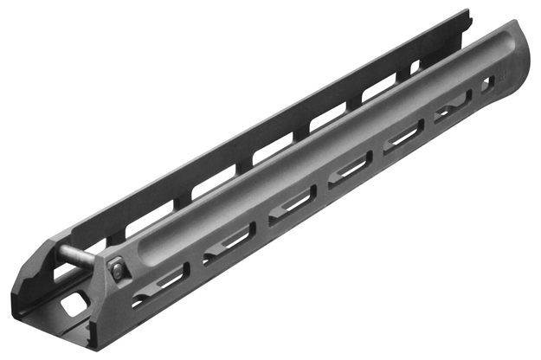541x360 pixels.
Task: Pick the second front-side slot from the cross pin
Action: pos(229,243)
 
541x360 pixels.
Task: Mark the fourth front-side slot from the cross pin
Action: pos(351,170)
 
